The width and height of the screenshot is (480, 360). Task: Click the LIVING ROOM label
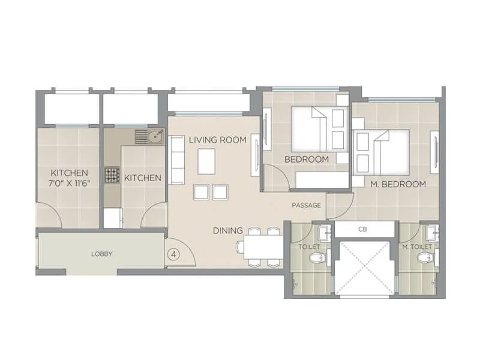[x=217, y=140]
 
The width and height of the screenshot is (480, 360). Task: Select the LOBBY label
[x=102, y=254]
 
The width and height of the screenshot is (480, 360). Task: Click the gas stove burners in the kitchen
[x=112, y=175]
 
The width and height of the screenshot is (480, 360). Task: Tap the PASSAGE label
[x=306, y=206]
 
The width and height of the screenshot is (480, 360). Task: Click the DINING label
[x=228, y=230]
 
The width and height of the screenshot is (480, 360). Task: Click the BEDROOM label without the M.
[x=306, y=159]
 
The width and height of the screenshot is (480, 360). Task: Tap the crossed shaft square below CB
[x=364, y=268]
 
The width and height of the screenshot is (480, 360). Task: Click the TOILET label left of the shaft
[x=309, y=247]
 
